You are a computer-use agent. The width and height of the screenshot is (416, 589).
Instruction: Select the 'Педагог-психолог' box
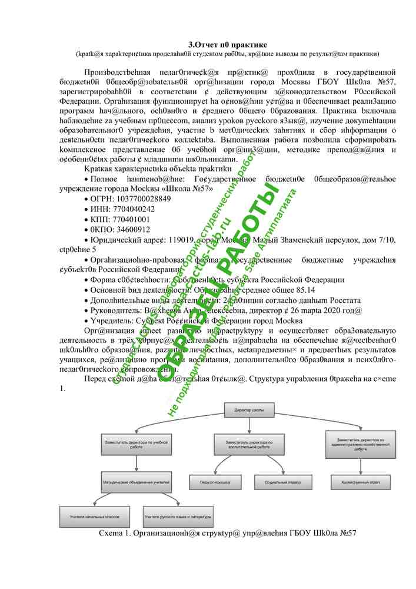pos(229,482)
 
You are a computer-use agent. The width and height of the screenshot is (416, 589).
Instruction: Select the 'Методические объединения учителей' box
pos(136,482)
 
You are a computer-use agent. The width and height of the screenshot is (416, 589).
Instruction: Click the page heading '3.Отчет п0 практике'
pos(228,45)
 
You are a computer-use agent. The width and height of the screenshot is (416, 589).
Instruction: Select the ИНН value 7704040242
pos(131,209)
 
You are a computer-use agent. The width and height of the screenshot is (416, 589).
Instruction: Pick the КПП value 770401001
pos(129,219)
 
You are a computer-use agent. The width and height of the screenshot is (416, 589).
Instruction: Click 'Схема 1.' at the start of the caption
pos(116,533)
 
